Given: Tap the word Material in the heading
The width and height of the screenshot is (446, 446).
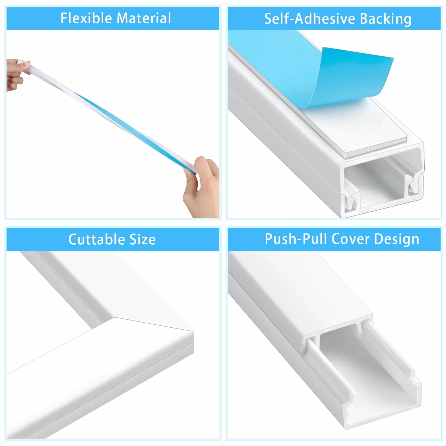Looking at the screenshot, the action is pos(144,18).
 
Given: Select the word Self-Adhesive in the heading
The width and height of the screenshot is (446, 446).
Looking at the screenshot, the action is pos(310,19).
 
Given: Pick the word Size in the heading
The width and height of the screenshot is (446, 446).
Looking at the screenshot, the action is pos(143,239).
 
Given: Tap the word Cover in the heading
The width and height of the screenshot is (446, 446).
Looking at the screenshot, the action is pos(351,239).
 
